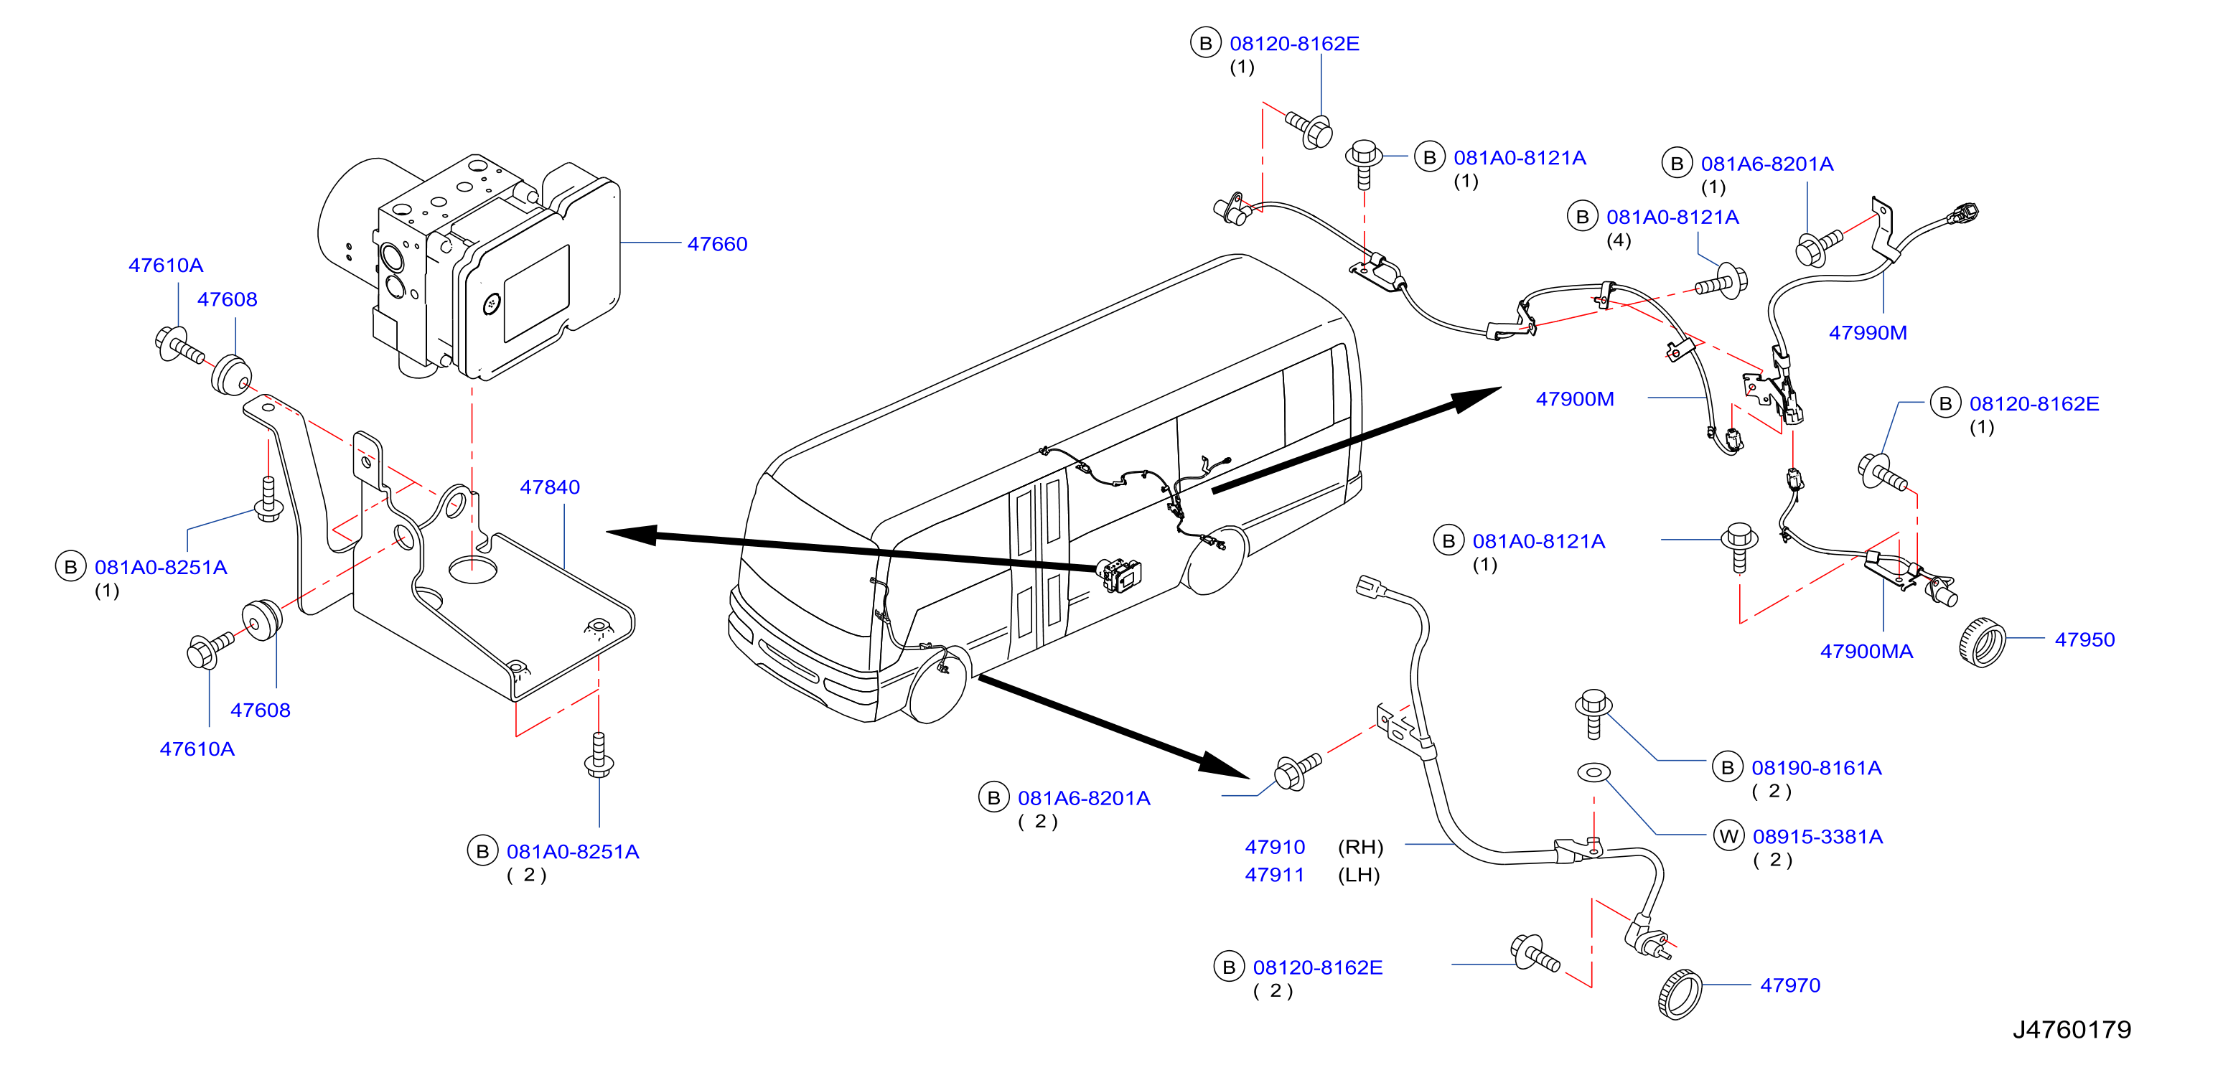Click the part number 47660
coord(717,244)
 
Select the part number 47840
coord(550,487)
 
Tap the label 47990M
coord(1868,332)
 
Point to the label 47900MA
coord(1866,652)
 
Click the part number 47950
coord(2085,639)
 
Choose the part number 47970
coord(1791,985)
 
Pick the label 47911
coord(1275,874)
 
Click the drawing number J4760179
coord(2072,1030)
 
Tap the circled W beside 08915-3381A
coord(1728,836)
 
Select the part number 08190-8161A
coord(1817,767)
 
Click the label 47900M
coord(1575,399)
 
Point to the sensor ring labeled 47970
coord(1680,994)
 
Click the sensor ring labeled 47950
coord(1981,643)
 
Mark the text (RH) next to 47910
coord(1360,847)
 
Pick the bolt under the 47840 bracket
coord(599,755)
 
